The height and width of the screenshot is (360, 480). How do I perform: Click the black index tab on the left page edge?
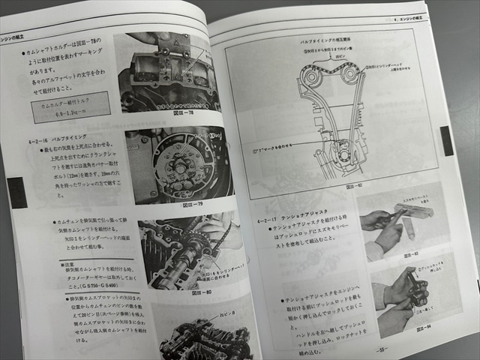16,192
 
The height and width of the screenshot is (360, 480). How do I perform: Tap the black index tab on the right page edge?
447,140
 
